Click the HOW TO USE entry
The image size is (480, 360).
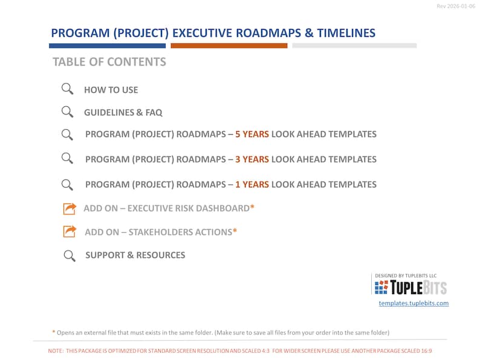click(x=111, y=90)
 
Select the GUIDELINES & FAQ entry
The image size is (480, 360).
click(x=123, y=112)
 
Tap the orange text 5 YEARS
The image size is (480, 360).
click(x=252, y=134)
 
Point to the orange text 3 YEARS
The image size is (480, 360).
click(x=252, y=159)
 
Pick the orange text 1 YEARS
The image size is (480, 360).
click(x=252, y=184)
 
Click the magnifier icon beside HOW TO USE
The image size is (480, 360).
click(x=67, y=89)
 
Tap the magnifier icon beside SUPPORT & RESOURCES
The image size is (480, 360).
click(x=70, y=256)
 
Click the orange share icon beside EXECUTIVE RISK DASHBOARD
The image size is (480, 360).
click(x=70, y=208)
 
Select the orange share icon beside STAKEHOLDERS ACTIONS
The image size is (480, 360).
click(x=70, y=231)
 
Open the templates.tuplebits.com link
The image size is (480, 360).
click(x=414, y=303)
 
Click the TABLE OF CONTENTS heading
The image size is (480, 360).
click(x=109, y=62)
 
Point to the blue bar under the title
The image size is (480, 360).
click(x=108, y=46)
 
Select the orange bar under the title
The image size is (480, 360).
click(x=229, y=46)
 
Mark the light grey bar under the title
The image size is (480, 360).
click(x=354, y=46)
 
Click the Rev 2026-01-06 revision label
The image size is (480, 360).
click(x=456, y=6)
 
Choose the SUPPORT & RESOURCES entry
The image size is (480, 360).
click(x=135, y=255)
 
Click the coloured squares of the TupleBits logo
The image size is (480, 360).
click(x=381, y=288)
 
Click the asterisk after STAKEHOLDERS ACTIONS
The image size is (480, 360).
click(x=235, y=231)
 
